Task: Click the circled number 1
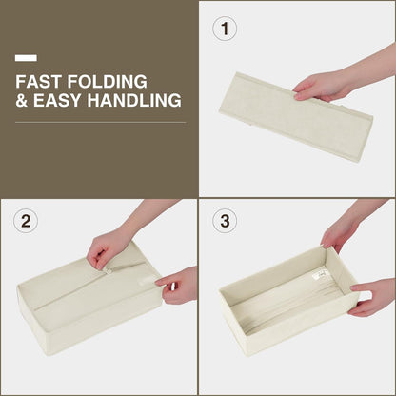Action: (x=225, y=29)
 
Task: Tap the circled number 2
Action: (x=26, y=221)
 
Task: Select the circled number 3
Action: (x=225, y=221)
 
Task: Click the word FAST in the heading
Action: (x=38, y=82)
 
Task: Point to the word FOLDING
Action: (x=108, y=82)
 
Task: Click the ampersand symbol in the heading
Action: (x=21, y=100)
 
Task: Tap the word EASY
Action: (x=57, y=100)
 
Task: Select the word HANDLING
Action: (x=134, y=100)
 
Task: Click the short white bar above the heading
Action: (x=26, y=58)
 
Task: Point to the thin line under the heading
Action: (x=101, y=122)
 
